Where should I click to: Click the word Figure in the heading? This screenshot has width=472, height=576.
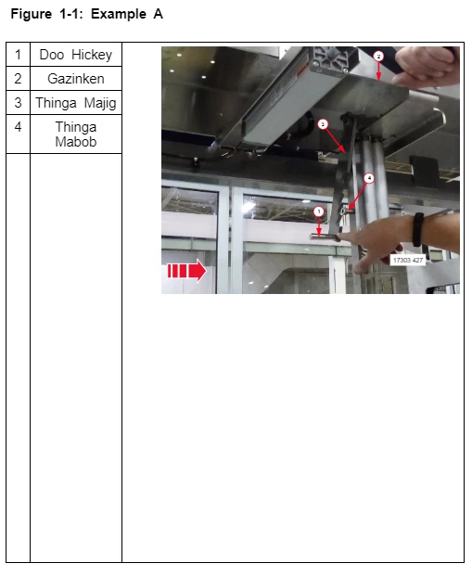pyautogui.click(x=32, y=14)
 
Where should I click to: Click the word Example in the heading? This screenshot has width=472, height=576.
pyautogui.click(x=119, y=14)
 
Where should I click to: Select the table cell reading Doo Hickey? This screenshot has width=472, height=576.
pyautogui.click(x=76, y=55)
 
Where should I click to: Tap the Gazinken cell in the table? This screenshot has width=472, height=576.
pyautogui.click(x=76, y=79)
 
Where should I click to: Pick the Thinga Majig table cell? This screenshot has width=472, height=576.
pyautogui.click(x=76, y=102)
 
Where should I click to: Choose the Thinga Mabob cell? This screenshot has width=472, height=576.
pyautogui.click(x=76, y=134)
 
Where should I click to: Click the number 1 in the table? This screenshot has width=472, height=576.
pyautogui.click(x=18, y=55)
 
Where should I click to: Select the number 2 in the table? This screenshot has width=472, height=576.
pyautogui.click(x=18, y=79)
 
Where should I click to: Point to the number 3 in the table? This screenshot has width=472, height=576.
pyautogui.click(x=18, y=102)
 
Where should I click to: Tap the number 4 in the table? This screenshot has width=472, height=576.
pyautogui.click(x=18, y=127)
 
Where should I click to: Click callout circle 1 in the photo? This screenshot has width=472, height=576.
pyautogui.click(x=319, y=211)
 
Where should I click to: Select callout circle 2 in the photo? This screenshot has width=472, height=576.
pyautogui.click(x=378, y=57)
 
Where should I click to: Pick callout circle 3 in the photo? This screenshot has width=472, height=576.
pyautogui.click(x=323, y=124)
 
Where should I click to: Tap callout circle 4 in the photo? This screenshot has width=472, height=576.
pyautogui.click(x=369, y=178)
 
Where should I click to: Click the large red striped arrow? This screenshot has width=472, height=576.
pyautogui.click(x=187, y=271)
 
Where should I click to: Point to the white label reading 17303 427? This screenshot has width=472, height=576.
pyautogui.click(x=408, y=260)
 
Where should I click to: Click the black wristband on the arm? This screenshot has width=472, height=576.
pyautogui.click(x=418, y=230)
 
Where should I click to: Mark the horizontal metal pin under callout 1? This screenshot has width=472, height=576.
pyautogui.click(x=325, y=237)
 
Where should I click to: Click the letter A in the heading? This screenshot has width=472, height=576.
pyautogui.click(x=158, y=14)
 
